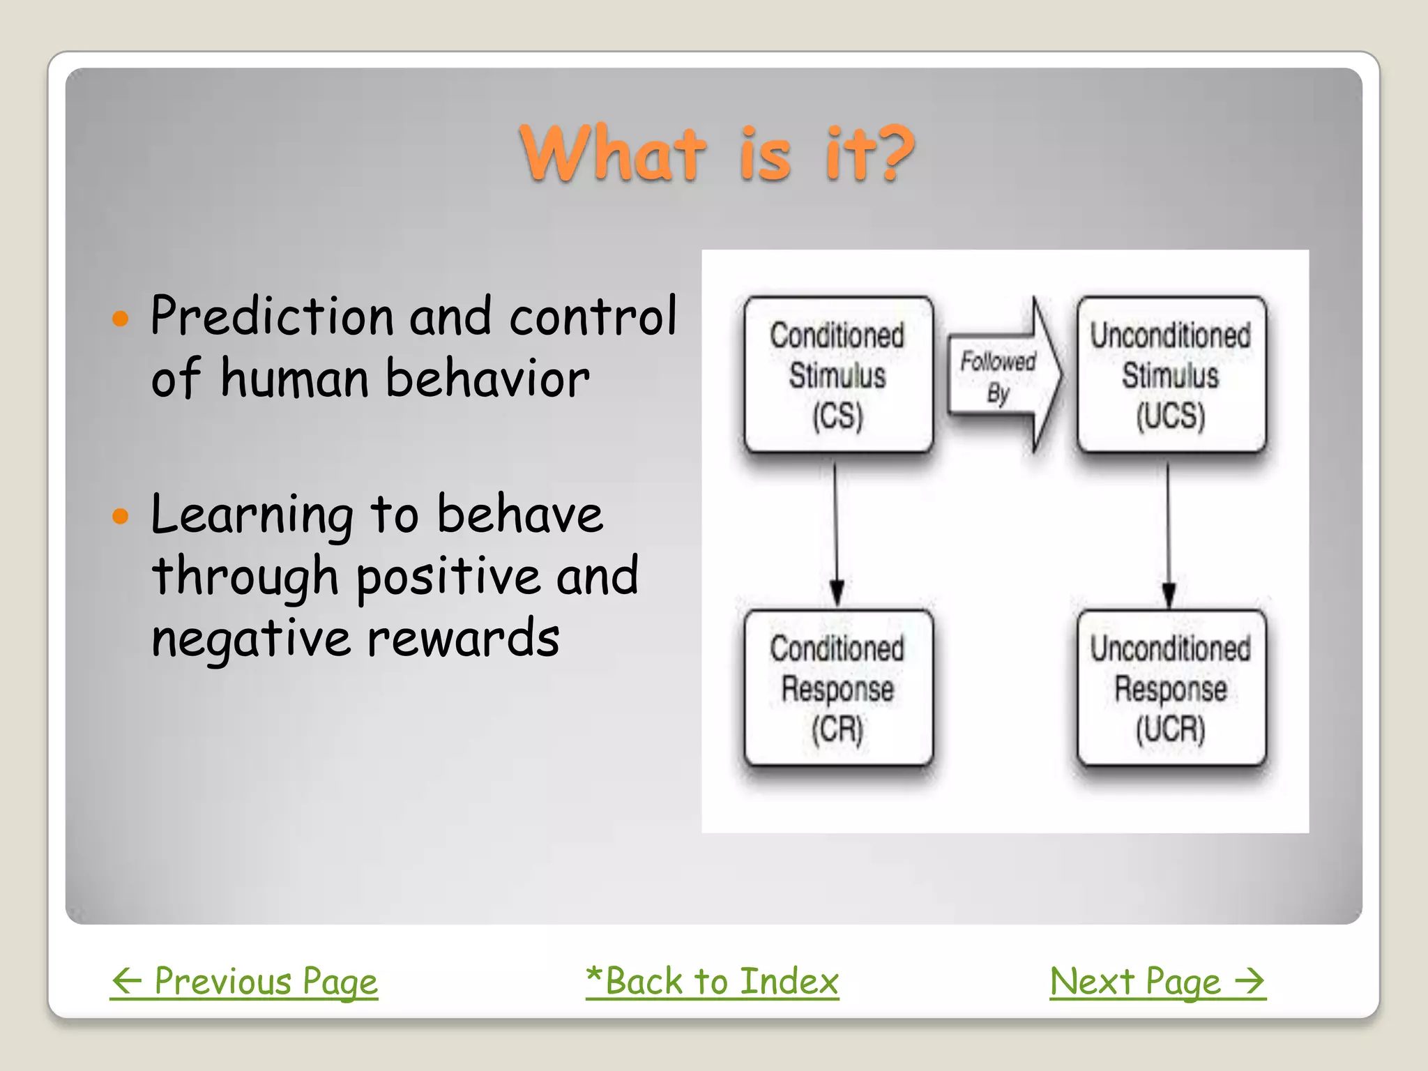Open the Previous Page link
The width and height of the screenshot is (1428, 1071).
(x=244, y=982)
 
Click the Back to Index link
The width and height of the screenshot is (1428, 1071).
(x=712, y=982)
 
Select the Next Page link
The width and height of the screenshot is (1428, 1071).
(x=1157, y=982)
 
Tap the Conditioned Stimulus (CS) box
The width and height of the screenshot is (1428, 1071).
(x=837, y=375)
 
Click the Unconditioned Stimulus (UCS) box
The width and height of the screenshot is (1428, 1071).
(x=1171, y=375)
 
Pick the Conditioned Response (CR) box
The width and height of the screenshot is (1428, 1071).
(x=837, y=689)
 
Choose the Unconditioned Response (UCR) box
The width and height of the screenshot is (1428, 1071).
(x=1171, y=689)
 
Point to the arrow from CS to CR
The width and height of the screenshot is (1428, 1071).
(x=836, y=530)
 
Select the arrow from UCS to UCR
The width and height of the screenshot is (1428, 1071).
(x=1169, y=530)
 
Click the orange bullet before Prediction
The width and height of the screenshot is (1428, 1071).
(x=121, y=319)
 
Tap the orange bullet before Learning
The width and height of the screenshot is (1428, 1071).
(x=121, y=517)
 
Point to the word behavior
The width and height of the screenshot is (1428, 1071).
(x=487, y=379)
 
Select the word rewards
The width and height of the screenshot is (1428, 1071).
(x=463, y=638)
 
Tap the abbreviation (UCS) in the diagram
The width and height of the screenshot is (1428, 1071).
(x=1171, y=416)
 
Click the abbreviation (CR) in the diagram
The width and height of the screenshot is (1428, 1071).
(x=837, y=730)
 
